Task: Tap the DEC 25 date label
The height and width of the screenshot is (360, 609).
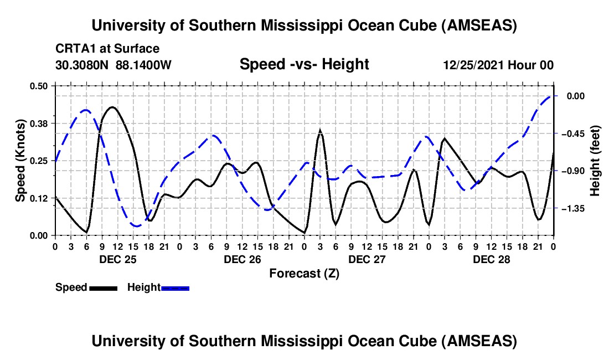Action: [x=117, y=259]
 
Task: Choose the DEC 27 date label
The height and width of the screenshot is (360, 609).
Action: [x=367, y=259]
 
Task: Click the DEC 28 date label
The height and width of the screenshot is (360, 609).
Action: [x=491, y=259]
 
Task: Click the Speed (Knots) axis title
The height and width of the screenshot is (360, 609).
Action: [x=20, y=160]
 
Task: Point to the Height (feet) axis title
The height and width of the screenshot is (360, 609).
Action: [x=596, y=161]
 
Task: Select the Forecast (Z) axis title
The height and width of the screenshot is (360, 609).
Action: [x=304, y=273]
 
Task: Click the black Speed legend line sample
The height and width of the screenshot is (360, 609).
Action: [x=103, y=288]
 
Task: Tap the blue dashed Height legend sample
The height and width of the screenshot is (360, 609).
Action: [x=175, y=288]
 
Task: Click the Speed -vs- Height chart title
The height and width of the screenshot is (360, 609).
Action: [x=304, y=64]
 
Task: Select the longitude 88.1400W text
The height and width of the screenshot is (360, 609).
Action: [x=144, y=65]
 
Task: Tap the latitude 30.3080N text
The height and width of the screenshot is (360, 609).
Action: [x=83, y=65]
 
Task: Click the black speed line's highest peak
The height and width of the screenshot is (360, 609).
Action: [x=112, y=107]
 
